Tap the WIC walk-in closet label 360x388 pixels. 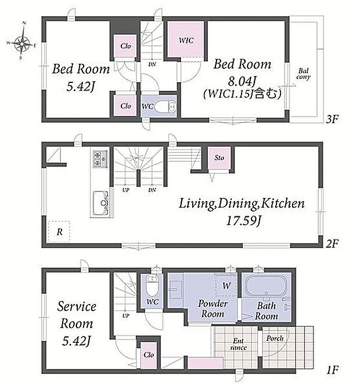[x=186, y=41]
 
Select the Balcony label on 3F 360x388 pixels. [x=303, y=74]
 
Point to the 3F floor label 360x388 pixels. [x=332, y=119]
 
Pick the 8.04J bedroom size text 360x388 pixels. [x=242, y=81]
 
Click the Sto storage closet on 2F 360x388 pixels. [x=219, y=158]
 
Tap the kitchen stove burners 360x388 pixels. [x=100, y=158]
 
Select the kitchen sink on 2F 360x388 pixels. [x=102, y=203]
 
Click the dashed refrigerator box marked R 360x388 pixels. [x=59, y=231]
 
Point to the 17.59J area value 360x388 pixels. [x=243, y=220]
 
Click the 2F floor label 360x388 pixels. [x=332, y=244]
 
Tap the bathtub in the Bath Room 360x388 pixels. [x=266, y=285]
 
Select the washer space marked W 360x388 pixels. [x=226, y=285]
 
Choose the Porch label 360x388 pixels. [x=275, y=338]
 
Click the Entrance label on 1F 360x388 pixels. [x=238, y=344]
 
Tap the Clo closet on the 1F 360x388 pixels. [x=149, y=354]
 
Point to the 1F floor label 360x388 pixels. [x=332, y=369]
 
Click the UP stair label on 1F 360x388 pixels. [x=125, y=316]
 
